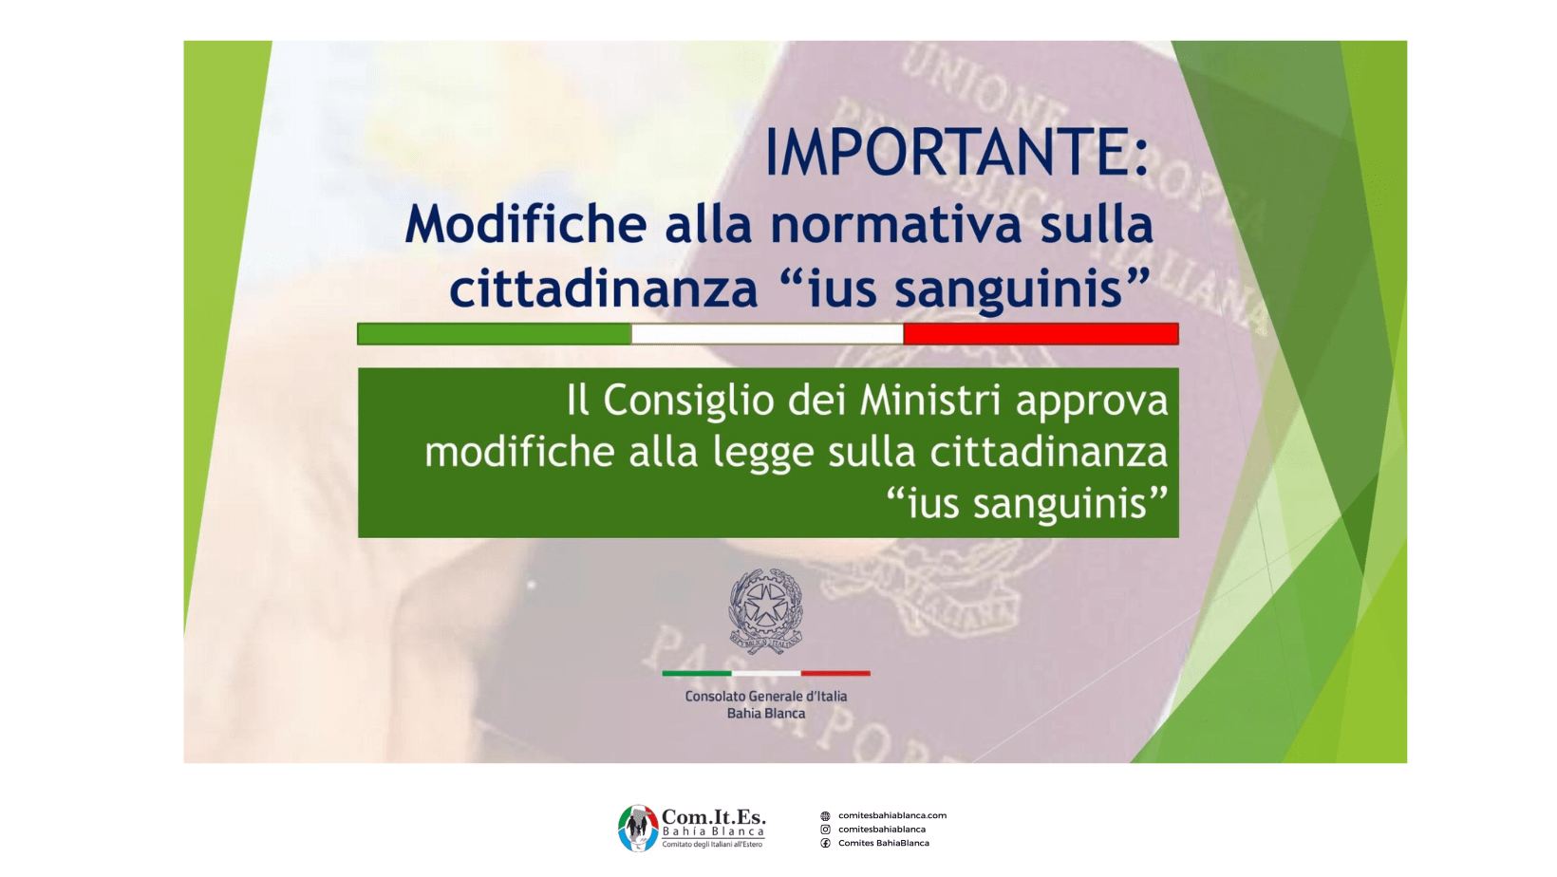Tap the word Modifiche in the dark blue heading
coord(526,224)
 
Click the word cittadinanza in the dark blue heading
coord(604,289)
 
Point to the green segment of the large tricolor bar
coord(495,334)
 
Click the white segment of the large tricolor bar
coord(767,334)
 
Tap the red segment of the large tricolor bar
coord(1041,334)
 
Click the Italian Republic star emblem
coord(765,611)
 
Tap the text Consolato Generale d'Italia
coord(766,697)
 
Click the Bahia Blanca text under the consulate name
coord(766,714)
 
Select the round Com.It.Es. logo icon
coord(638,829)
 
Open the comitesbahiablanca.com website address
coord(892,815)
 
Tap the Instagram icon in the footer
coord(825,829)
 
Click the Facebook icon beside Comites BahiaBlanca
coord(825,843)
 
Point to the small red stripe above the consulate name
coord(835,673)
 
